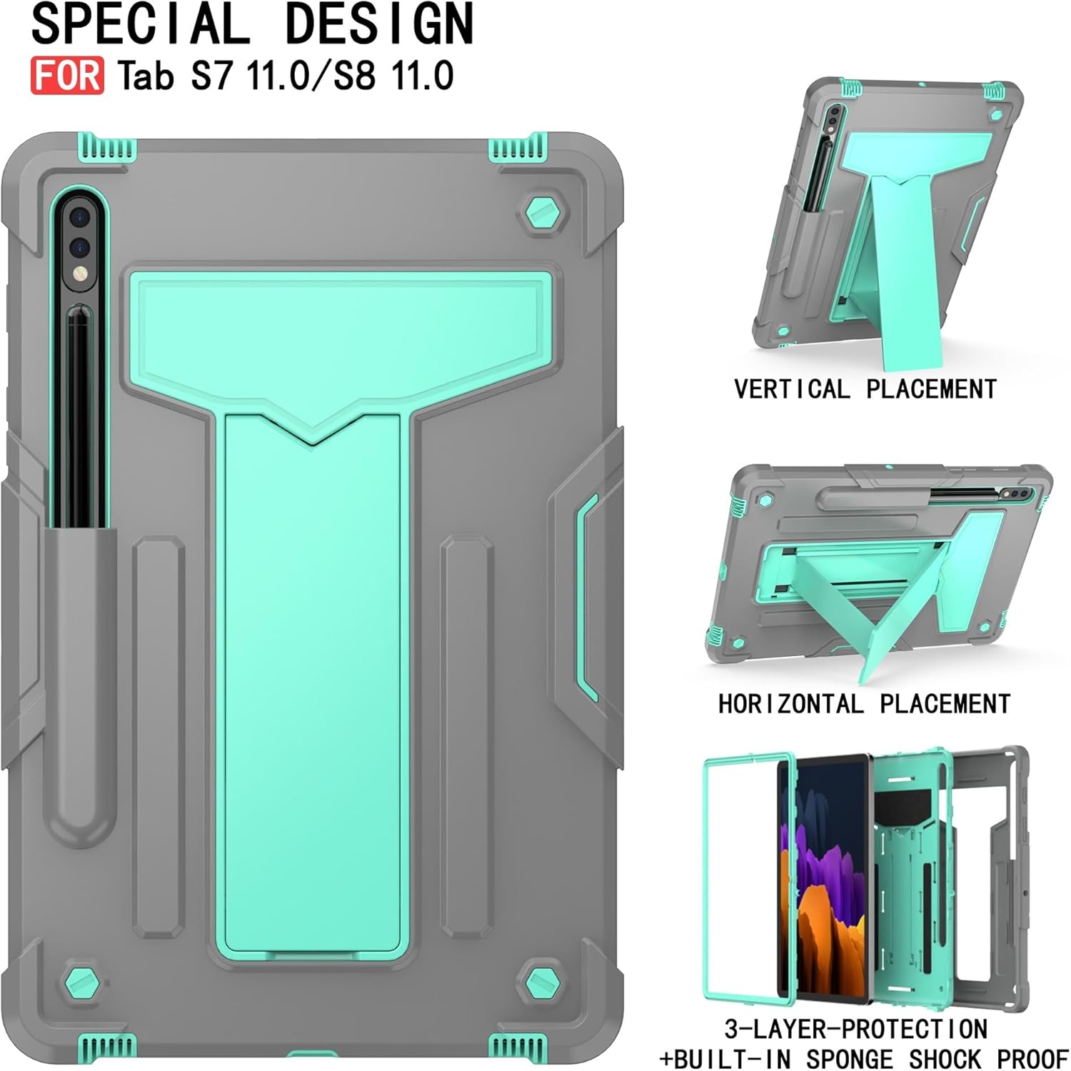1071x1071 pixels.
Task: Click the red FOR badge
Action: [67, 76]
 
